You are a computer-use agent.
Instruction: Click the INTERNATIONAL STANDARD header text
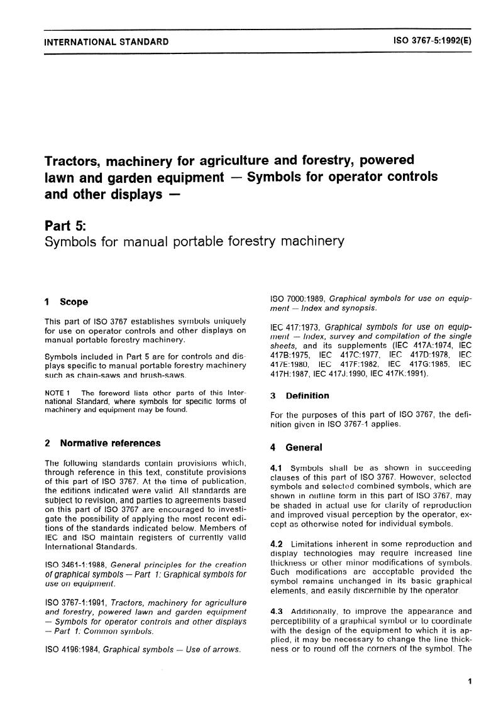pyautogui.click(x=103, y=43)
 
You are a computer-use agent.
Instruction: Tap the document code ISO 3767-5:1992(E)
pyautogui.click(x=433, y=43)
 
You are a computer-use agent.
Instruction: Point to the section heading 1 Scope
pyautogui.click(x=67, y=302)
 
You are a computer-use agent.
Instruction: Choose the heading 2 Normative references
pyautogui.click(x=103, y=443)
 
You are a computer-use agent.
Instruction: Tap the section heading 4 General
pyautogui.click(x=295, y=448)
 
